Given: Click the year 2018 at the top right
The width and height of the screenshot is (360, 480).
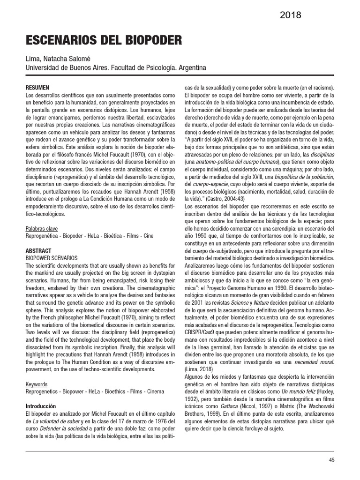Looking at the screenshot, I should [291, 15].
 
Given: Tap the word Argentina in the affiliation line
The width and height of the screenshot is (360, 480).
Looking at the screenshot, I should [191, 68].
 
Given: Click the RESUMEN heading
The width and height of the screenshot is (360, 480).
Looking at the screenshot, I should [36, 88].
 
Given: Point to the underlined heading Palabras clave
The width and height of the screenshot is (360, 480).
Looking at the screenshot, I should [42, 228].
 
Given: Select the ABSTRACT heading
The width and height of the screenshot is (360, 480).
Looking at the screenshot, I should [38, 251].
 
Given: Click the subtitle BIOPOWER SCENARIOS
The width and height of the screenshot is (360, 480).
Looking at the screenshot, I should [51, 258].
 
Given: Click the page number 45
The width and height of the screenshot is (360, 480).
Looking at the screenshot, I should [331, 460].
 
